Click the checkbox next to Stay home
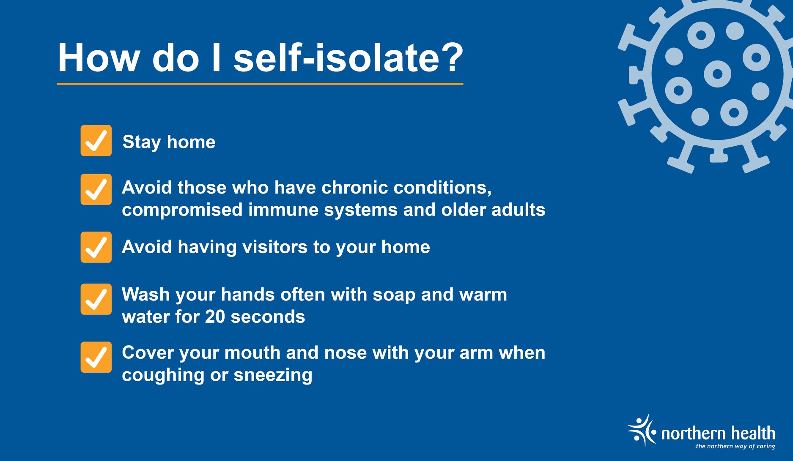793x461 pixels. pos(96,141)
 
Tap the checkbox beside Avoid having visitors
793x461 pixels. pos(96,247)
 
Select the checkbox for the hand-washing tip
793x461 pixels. pos(96,299)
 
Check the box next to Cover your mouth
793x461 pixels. pos(96,357)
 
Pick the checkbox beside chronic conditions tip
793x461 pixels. pos(96,189)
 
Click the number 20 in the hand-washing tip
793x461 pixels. pos(215,317)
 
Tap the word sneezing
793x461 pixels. pos(273,376)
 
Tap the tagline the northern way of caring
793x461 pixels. pos(735,446)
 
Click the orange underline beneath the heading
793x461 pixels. pos(260,84)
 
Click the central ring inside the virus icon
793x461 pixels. pos(717,74)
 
